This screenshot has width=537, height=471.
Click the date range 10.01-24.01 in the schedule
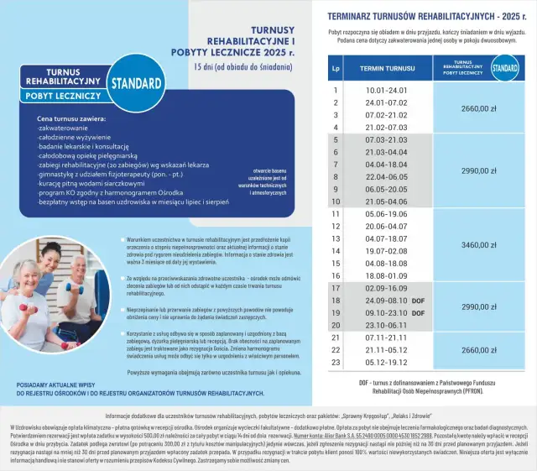(x=386, y=90)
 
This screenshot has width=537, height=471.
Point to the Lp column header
(x=336, y=67)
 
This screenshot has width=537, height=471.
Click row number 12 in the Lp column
(x=336, y=227)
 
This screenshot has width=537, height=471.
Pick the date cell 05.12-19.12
(x=386, y=363)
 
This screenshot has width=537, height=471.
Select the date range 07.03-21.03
(x=386, y=139)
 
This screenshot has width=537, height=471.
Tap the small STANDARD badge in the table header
(x=503, y=67)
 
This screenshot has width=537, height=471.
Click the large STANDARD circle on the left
(x=135, y=84)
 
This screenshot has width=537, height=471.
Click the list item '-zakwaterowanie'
(x=63, y=129)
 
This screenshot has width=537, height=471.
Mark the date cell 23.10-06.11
(x=386, y=325)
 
